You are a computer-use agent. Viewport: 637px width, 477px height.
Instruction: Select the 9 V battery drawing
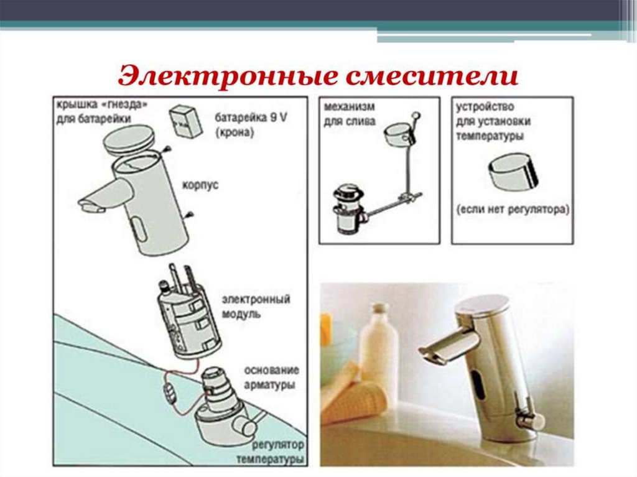pyautogui.click(x=185, y=121)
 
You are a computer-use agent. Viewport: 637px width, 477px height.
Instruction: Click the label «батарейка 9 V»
pyautogui.click(x=251, y=118)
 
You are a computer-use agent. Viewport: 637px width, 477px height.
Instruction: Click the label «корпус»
pyautogui.click(x=200, y=185)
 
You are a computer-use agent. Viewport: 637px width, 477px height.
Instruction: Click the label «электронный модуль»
pyautogui.click(x=256, y=307)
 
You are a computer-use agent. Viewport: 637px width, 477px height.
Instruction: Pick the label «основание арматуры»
pyautogui.click(x=271, y=377)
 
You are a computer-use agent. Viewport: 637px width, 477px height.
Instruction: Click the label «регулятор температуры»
pyautogui.click(x=270, y=452)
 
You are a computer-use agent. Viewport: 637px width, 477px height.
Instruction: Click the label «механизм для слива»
pyautogui.click(x=350, y=114)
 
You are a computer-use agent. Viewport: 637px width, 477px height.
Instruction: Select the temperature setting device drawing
pyautogui.click(x=513, y=172)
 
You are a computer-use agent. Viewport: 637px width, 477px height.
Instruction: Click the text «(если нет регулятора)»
pyautogui.click(x=513, y=210)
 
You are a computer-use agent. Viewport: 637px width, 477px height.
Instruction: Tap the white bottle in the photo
pyautogui.click(x=379, y=342)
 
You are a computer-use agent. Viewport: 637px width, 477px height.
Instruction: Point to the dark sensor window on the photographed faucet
pyautogui.click(x=480, y=384)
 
